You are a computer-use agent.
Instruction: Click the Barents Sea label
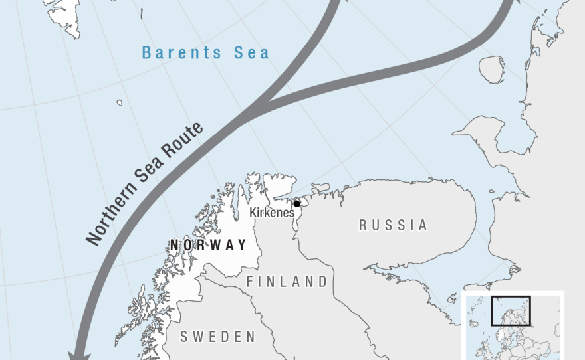tap(206, 52)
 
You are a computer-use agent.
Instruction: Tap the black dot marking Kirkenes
tap(297, 204)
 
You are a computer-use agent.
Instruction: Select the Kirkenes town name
tap(271, 213)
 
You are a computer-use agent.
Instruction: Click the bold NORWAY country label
tap(208, 245)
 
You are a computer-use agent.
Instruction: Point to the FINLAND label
tap(287, 282)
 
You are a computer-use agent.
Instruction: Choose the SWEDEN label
tap(218, 337)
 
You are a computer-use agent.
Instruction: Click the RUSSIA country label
tap(394, 225)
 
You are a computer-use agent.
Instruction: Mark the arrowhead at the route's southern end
tap(80, 352)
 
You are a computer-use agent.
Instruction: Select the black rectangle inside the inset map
tap(511, 311)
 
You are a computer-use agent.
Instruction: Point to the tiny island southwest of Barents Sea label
tap(119, 102)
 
